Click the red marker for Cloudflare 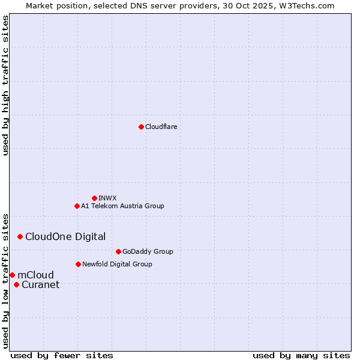(x=141, y=127)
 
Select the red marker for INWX (x=94, y=198)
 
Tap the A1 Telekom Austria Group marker (x=77, y=206)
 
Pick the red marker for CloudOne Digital (x=20, y=236)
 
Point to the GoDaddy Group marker (x=118, y=251)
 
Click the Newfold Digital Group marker (x=78, y=264)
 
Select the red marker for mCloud (x=12, y=275)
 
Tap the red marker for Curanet (x=16, y=284)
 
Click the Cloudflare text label (x=161, y=127)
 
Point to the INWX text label (x=107, y=198)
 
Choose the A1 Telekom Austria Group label (x=122, y=206)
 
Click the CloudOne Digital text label (x=65, y=236)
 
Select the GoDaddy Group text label (x=148, y=251)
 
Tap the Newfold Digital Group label (x=117, y=264)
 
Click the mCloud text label (x=35, y=275)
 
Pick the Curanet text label (x=40, y=284)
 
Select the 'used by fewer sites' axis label (x=62, y=355)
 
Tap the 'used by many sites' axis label (x=301, y=355)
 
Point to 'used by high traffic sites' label (x=5, y=85)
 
